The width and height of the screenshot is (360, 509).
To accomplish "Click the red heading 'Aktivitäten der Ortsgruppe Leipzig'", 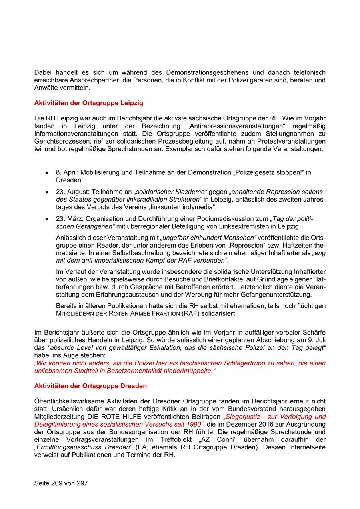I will pos(88,103).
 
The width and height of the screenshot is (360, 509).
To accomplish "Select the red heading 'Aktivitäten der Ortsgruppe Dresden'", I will pos(90,386).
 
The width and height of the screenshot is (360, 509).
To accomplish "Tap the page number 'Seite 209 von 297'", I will pos(61,483).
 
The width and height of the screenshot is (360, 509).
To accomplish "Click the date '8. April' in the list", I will pos(66,172).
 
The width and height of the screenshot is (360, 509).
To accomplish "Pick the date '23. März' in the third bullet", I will pos(68,219).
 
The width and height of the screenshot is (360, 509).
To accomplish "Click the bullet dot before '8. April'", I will pos(47,173).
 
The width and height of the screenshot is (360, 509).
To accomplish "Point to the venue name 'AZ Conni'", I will pos(216,439).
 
